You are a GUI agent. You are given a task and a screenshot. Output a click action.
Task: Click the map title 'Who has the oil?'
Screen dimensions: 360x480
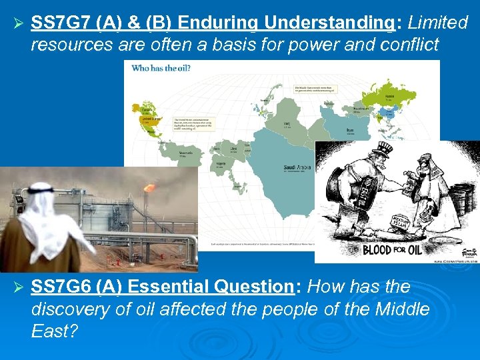pyautogui.click(x=159, y=68)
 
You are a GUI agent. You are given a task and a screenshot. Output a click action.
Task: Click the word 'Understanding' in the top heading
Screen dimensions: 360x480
pyautogui.click(x=329, y=23)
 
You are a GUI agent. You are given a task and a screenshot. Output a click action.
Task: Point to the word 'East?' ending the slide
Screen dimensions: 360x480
pyautogui.click(x=55, y=331)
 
